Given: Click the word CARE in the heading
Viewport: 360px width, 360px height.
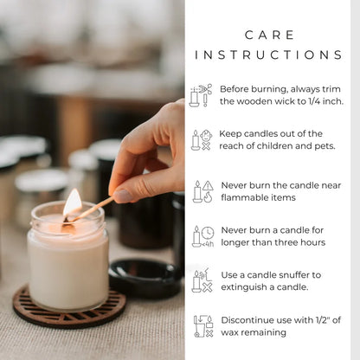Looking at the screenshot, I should (x=269, y=35).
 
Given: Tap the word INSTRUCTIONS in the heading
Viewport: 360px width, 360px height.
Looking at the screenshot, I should (x=269, y=55).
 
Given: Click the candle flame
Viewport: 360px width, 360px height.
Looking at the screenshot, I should (x=73, y=204).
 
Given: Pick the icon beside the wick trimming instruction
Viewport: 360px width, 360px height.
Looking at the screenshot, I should (x=202, y=94).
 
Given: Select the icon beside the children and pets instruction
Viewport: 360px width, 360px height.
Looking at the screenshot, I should (x=202, y=140).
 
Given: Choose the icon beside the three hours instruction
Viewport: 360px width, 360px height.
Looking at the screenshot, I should (x=202, y=236).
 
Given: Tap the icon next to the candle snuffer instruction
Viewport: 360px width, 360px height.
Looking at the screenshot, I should (x=202, y=280).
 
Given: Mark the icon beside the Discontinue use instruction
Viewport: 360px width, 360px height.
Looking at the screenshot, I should (x=202, y=326).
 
